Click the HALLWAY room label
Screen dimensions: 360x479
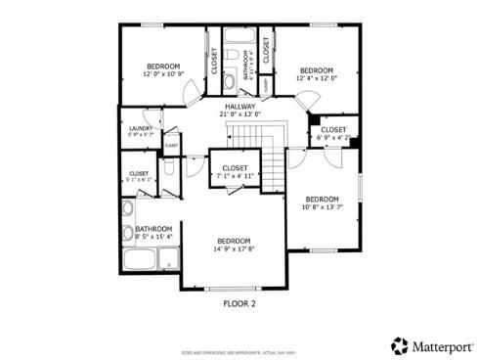pyautogui.click(x=239, y=107)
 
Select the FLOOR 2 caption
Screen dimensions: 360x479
pyautogui.click(x=239, y=303)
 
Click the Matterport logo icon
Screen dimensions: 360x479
pyautogui.click(x=399, y=345)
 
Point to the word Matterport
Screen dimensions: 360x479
pyautogui.click(x=439, y=345)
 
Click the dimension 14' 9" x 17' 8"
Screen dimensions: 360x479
pyautogui.click(x=234, y=248)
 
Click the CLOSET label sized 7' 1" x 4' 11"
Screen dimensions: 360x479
pyautogui.click(x=235, y=168)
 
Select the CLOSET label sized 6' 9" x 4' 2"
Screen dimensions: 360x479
pyautogui.click(x=333, y=129)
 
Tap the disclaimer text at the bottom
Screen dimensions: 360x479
pyautogui.click(x=239, y=351)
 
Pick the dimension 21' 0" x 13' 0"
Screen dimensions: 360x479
pyautogui.click(x=239, y=115)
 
